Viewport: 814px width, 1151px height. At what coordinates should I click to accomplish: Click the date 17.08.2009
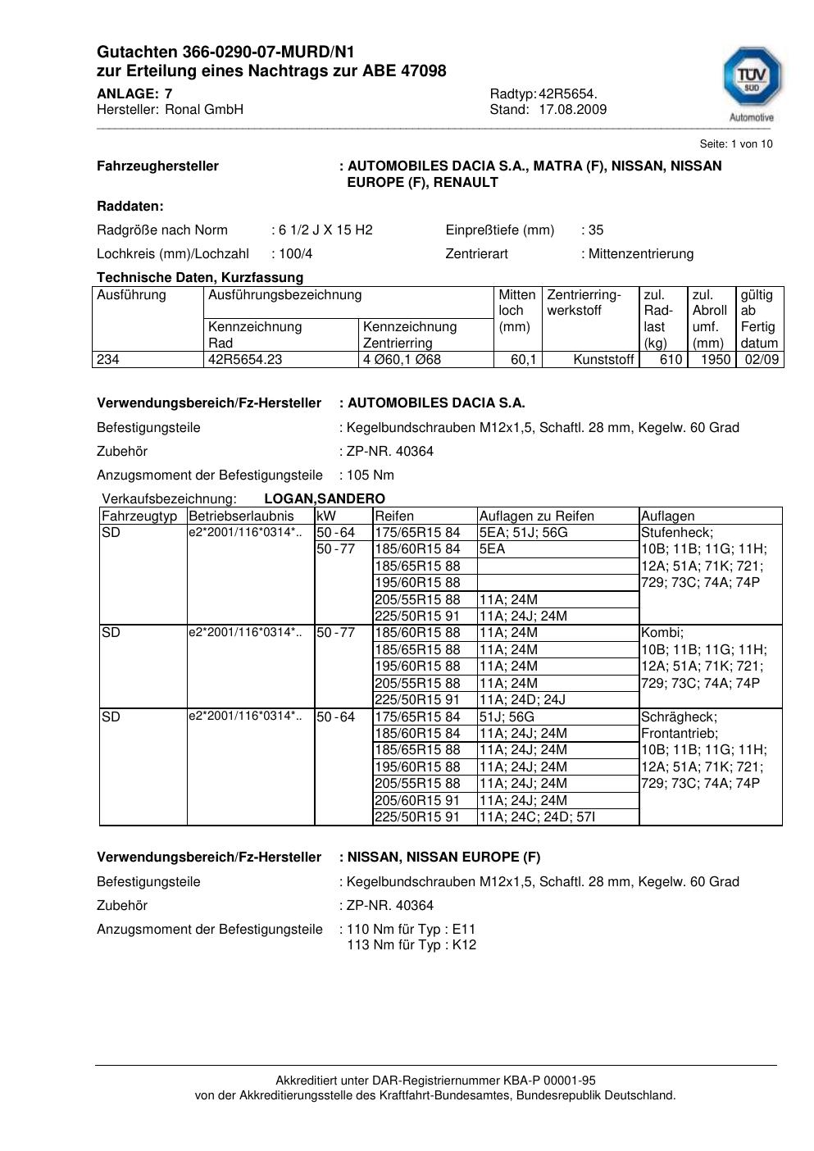pos(572,110)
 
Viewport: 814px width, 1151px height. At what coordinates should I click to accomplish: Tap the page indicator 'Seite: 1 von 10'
pos(735,144)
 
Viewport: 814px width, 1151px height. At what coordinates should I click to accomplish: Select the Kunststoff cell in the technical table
pos(603,360)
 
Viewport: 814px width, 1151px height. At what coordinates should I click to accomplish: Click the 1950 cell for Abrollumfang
pos(715,360)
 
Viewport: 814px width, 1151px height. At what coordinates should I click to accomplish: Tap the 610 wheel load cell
pos(671,360)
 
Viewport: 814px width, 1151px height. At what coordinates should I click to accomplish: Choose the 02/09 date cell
pos(761,360)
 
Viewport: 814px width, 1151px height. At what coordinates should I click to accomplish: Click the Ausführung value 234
pos(108,360)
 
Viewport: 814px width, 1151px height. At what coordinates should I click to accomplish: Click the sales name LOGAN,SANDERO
pos(325,499)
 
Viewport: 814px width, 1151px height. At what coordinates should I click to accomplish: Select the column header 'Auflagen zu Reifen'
pos(536,516)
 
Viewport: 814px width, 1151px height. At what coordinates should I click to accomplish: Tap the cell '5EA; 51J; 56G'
pos(523,533)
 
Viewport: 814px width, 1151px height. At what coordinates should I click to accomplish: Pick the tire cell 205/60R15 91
pos(417,800)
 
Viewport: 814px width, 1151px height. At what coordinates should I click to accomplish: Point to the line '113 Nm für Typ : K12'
pos(412,945)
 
